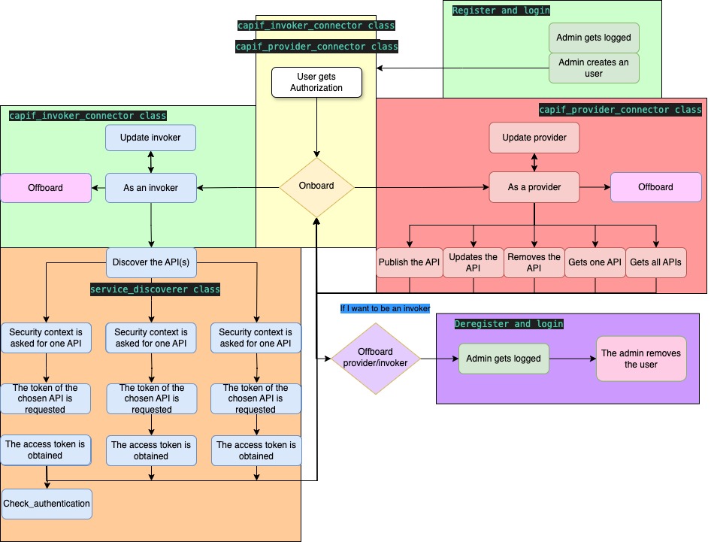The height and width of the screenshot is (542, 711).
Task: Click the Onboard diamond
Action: pyautogui.click(x=316, y=186)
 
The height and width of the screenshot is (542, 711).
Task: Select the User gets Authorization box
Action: pyautogui.click(x=316, y=83)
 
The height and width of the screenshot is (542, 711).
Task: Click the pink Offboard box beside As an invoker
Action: pyautogui.click(x=45, y=187)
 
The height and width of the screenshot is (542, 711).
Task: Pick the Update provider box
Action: pyautogui.click(x=534, y=138)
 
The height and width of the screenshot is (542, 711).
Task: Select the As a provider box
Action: pyautogui.click(x=534, y=187)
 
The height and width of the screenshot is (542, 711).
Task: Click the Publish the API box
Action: pyautogui.click(x=409, y=262)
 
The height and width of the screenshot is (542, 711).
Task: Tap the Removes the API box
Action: pyautogui.click(x=534, y=262)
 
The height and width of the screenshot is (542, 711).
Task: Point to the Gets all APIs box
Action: pyautogui.click(x=656, y=262)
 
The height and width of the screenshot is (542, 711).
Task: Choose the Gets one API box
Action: pyautogui.click(x=595, y=262)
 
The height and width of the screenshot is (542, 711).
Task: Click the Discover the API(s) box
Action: pyautogui.click(x=151, y=262)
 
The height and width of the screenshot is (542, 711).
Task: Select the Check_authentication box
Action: pyautogui.click(x=47, y=504)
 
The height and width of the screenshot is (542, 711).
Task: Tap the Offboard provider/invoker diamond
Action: pyautogui.click(x=375, y=358)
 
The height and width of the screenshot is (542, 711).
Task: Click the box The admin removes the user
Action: pyautogui.click(x=641, y=359)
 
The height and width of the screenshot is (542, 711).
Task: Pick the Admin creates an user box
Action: pyautogui.click(x=593, y=68)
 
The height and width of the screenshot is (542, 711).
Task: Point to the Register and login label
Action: pyautogui.click(x=501, y=11)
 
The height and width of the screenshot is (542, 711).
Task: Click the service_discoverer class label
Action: pyautogui.click(x=155, y=289)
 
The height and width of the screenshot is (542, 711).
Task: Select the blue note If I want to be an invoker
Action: pyautogui.click(x=385, y=308)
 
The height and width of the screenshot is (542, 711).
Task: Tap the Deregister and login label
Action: pyautogui.click(x=509, y=324)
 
